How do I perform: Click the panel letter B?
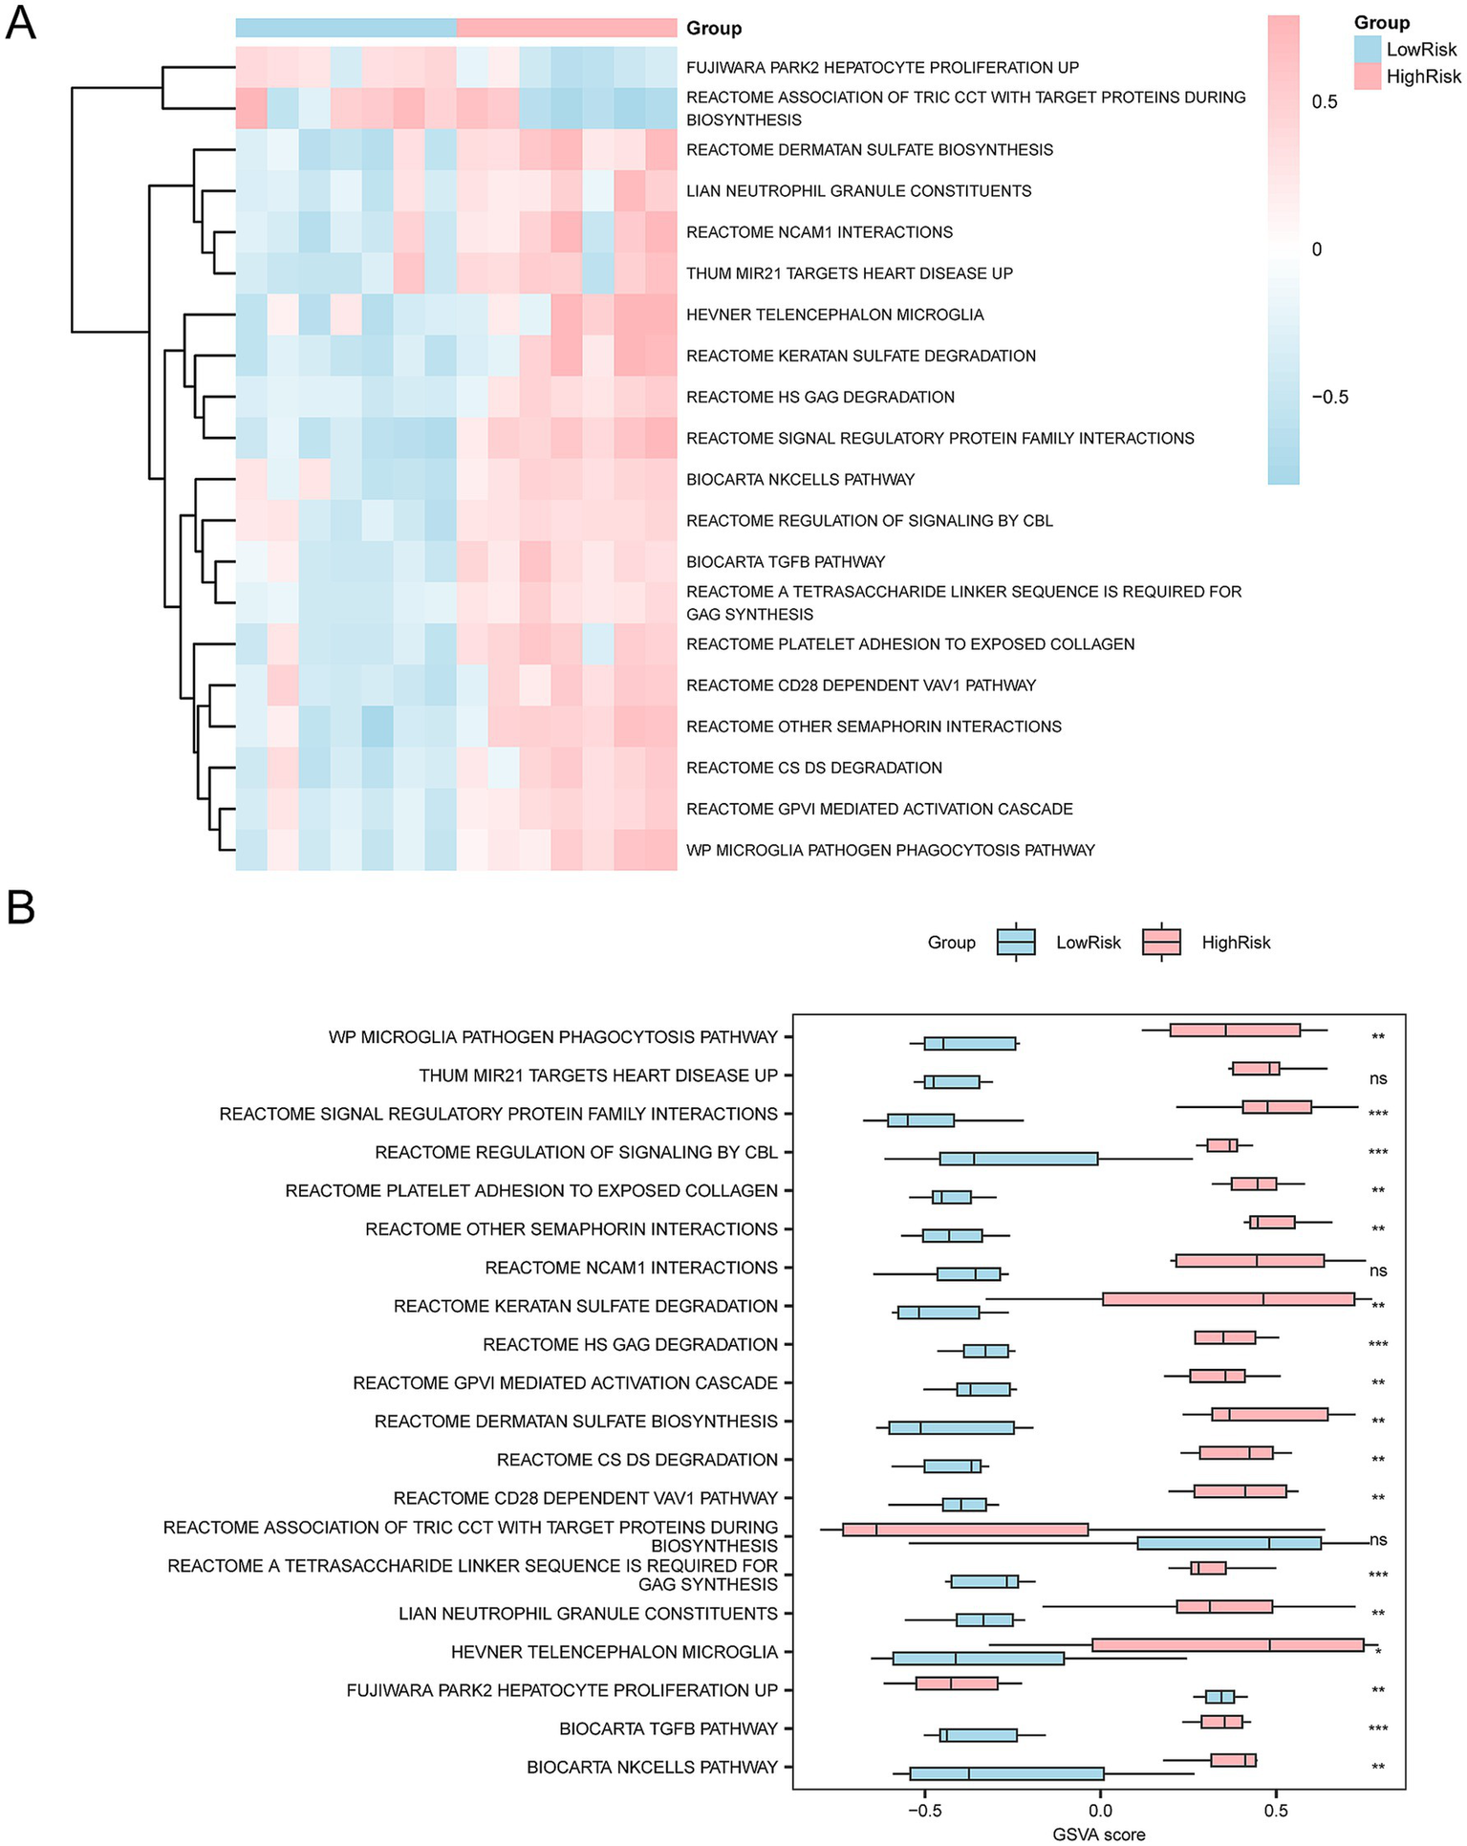20,907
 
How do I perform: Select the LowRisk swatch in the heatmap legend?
1368,50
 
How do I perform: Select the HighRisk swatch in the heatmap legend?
1368,76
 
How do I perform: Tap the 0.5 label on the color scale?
1325,102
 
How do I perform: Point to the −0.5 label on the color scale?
1328,397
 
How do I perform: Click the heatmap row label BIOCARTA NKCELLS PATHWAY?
800,480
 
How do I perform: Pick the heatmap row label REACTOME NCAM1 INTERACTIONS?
819,232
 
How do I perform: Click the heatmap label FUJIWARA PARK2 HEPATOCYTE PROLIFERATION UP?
882,68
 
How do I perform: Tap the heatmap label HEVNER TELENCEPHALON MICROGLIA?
834,315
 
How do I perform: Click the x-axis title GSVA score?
1098,1834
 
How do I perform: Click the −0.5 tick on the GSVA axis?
923,1810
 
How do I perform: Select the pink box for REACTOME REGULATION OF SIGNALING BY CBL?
1221,1145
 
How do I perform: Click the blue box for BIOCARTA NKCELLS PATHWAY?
1006,1773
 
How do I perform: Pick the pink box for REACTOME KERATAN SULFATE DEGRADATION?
1228,1299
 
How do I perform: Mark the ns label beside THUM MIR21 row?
1377,1078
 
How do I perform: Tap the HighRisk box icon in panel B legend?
1161,943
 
